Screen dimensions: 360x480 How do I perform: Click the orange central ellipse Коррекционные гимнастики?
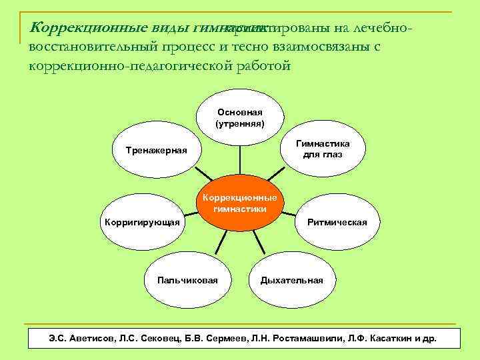pyautogui.click(x=240, y=203)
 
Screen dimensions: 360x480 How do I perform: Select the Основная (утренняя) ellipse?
pyautogui.click(x=240, y=118)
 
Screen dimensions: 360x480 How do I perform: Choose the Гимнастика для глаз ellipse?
pyautogui.click(x=323, y=149)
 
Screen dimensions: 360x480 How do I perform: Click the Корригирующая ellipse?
pyautogui.click(x=141, y=222)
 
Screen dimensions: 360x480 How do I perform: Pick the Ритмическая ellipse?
pyautogui.click(x=337, y=222)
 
